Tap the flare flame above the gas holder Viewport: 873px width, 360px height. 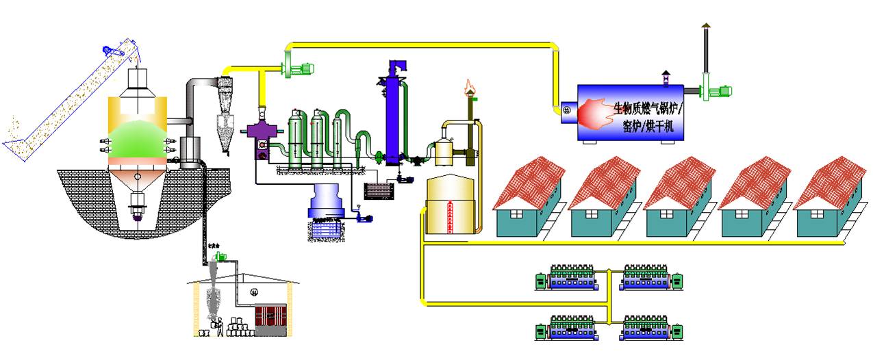click(469, 86)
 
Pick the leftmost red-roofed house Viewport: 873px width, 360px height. click(529, 198)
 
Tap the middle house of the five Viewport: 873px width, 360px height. click(679, 198)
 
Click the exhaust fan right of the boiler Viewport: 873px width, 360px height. click(715, 90)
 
